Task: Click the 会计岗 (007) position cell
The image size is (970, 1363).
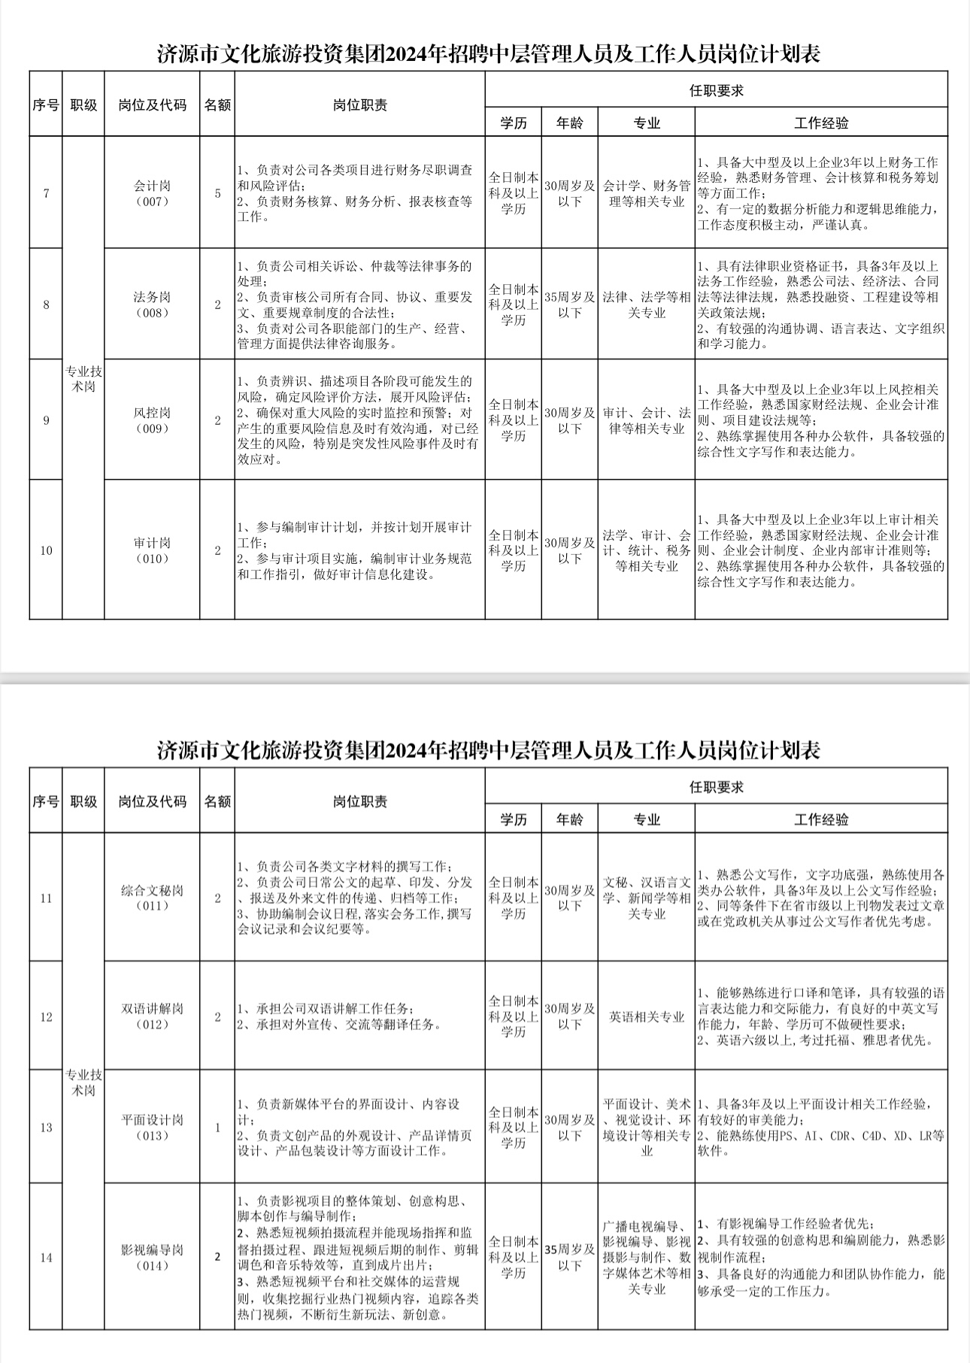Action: (x=152, y=193)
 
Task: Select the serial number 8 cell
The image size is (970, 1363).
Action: (x=46, y=304)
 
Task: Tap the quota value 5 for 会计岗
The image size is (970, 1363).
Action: (x=218, y=193)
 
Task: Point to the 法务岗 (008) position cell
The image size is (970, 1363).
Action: (x=152, y=304)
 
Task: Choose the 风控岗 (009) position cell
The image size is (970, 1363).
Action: (x=152, y=420)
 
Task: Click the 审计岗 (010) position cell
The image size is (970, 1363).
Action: (x=152, y=550)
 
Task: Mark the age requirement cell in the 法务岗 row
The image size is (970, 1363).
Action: (x=569, y=304)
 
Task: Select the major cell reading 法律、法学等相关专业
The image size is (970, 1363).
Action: (x=647, y=304)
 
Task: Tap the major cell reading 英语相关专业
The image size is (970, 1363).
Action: (x=647, y=1016)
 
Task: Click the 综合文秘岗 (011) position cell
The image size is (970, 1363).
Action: (x=152, y=898)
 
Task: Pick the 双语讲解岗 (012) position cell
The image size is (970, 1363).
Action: (x=152, y=1016)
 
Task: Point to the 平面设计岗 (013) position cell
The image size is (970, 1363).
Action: (x=152, y=1127)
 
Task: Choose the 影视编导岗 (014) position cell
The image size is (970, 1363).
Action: (x=152, y=1257)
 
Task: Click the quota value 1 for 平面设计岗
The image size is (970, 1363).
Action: (x=218, y=1127)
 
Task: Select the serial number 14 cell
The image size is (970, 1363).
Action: (x=46, y=1257)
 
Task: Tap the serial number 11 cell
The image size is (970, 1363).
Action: (x=46, y=898)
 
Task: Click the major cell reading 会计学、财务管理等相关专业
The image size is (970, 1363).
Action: (x=647, y=193)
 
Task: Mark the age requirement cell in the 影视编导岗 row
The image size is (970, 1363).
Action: (x=569, y=1257)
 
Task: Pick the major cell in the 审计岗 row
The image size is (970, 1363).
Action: (x=647, y=550)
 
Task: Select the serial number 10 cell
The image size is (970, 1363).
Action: (x=46, y=550)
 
